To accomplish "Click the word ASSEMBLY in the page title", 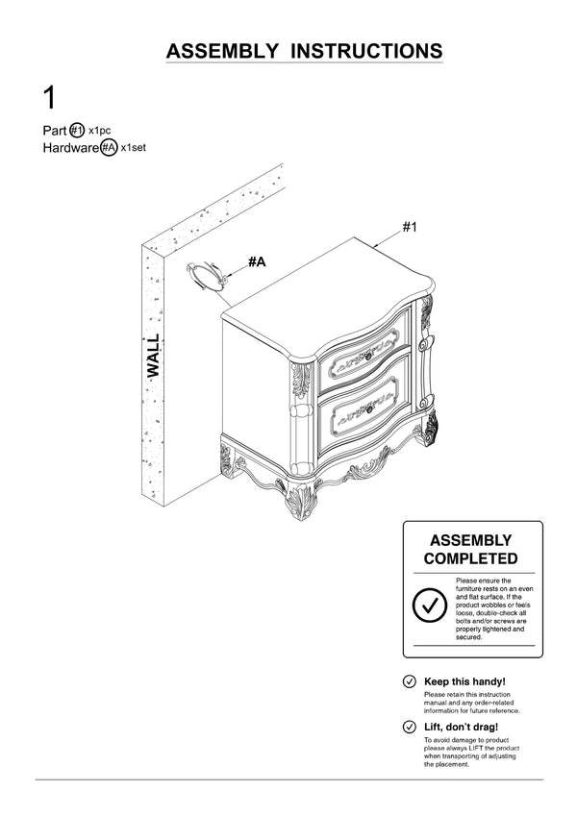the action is [x=222, y=51].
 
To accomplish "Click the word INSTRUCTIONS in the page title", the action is [x=366, y=51].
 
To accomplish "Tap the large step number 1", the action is [x=49, y=98].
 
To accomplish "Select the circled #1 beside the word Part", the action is [x=77, y=130].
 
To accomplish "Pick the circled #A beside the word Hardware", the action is [x=109, y=148].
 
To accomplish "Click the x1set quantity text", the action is [x=134, y=148].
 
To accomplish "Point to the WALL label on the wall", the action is [x=153, y=356].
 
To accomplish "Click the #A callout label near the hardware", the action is [x=257, y=261].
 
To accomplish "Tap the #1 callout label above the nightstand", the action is [x=410, y=227].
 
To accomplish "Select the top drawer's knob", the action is [x=368, y=357].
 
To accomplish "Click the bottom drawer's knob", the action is [x=368, y=409].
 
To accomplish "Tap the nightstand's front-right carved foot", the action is [x=431, y=428].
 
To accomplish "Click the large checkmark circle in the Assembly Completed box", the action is [x=430, y=606].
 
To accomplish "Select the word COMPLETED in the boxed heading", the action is [x=471, y=558].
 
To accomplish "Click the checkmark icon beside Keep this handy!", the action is [x=410, y=681].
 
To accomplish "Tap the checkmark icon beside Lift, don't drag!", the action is [x=410, y=727].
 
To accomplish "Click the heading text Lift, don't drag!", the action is [x=461, y=727].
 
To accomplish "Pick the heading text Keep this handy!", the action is [x=464, y=681].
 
